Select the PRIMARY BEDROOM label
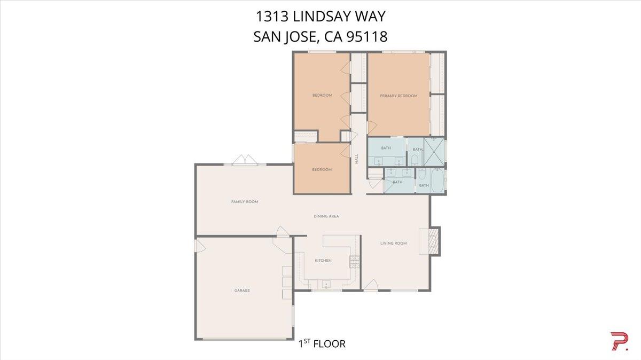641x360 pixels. coord(398,96)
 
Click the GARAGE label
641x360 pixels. coord(242,291)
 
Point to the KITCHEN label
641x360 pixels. coord(323,260)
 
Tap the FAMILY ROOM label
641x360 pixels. coord(245,202)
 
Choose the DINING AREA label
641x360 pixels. coord(326,216)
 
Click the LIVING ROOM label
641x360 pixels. coord(394,243)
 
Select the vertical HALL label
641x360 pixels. coord(356,159)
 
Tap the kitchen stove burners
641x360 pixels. coord(354,261)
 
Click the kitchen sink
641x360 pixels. coord(324,283)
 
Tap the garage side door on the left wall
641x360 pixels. coord(199,246)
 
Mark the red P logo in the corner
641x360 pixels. coord(619,341)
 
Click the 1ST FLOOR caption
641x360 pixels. coord(322,343)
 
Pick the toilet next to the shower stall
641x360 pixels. coord(415,159)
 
